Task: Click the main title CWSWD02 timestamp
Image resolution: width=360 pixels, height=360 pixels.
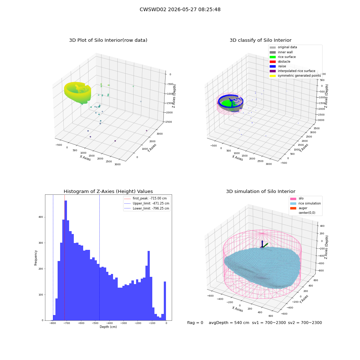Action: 180,10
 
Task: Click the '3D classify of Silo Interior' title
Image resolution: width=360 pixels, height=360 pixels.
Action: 261,40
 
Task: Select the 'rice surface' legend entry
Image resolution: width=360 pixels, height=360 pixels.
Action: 287,57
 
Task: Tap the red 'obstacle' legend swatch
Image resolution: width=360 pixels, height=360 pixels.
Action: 273,62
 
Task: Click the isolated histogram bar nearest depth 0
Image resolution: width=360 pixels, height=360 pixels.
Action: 165,301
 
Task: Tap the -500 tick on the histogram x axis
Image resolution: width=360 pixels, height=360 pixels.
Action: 95,323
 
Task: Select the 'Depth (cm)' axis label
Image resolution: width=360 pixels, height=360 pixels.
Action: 108,327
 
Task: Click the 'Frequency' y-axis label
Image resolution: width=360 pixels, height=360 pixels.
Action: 36,258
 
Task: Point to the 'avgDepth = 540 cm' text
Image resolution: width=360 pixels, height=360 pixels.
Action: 229,323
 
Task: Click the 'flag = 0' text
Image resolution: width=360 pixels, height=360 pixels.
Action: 195,323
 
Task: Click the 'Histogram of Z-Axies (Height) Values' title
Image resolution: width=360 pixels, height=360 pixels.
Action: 108,192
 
